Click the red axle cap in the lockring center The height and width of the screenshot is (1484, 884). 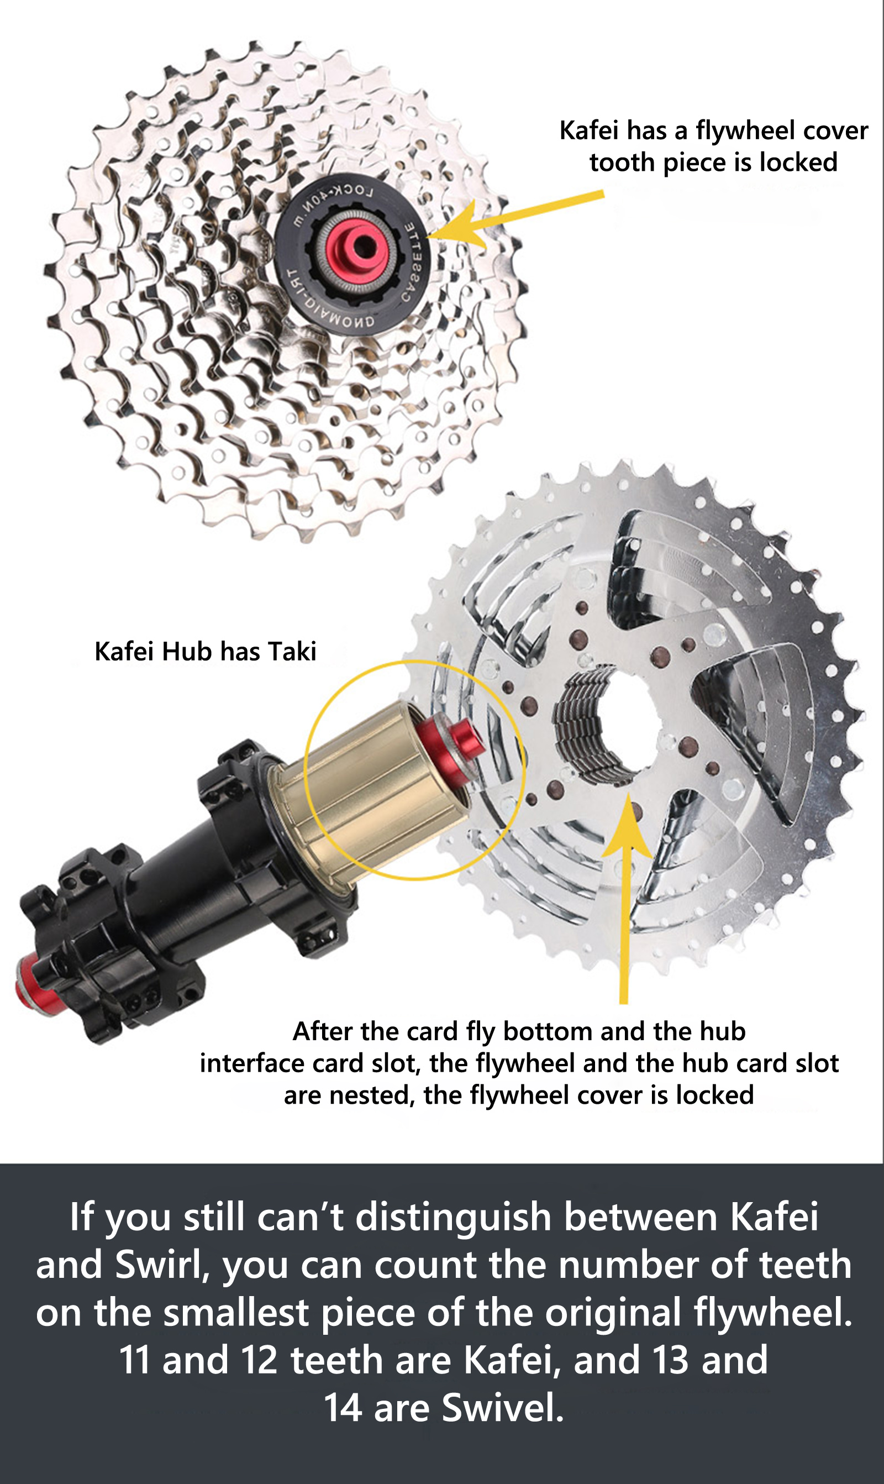coord(356,247)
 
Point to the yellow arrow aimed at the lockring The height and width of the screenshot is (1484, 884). coord(515,219)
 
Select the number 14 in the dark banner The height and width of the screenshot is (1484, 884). coord(343,1408)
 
